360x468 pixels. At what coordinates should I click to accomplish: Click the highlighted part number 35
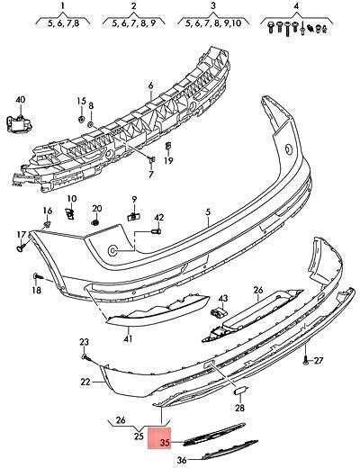[166, 443]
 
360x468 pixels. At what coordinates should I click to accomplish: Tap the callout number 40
[20, 100]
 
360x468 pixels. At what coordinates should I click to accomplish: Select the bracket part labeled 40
[19, 124]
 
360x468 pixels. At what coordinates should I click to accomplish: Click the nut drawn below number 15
[81, 119]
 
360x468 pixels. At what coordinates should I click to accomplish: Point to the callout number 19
[168, 161]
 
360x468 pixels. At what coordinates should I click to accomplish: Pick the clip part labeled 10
[69, 213]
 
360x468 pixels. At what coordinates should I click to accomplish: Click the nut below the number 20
[95, 222]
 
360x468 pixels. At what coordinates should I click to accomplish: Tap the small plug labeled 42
[157, 231]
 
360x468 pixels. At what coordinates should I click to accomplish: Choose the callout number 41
[128, 339]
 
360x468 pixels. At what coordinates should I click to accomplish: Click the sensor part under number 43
[218, 312]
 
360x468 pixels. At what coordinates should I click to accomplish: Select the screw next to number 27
[305, 360]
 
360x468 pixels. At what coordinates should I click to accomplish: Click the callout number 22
[85, 382]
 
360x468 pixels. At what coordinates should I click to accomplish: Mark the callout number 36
[182, 460]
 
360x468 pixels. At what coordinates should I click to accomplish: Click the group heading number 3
[213, 5]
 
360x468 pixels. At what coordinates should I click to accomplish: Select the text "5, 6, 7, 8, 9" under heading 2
[134, 23]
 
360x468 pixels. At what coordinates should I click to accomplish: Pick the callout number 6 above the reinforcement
[150, 85]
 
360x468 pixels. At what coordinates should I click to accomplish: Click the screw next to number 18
[38, 275]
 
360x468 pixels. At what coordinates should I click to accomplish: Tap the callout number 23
[84, 342]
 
